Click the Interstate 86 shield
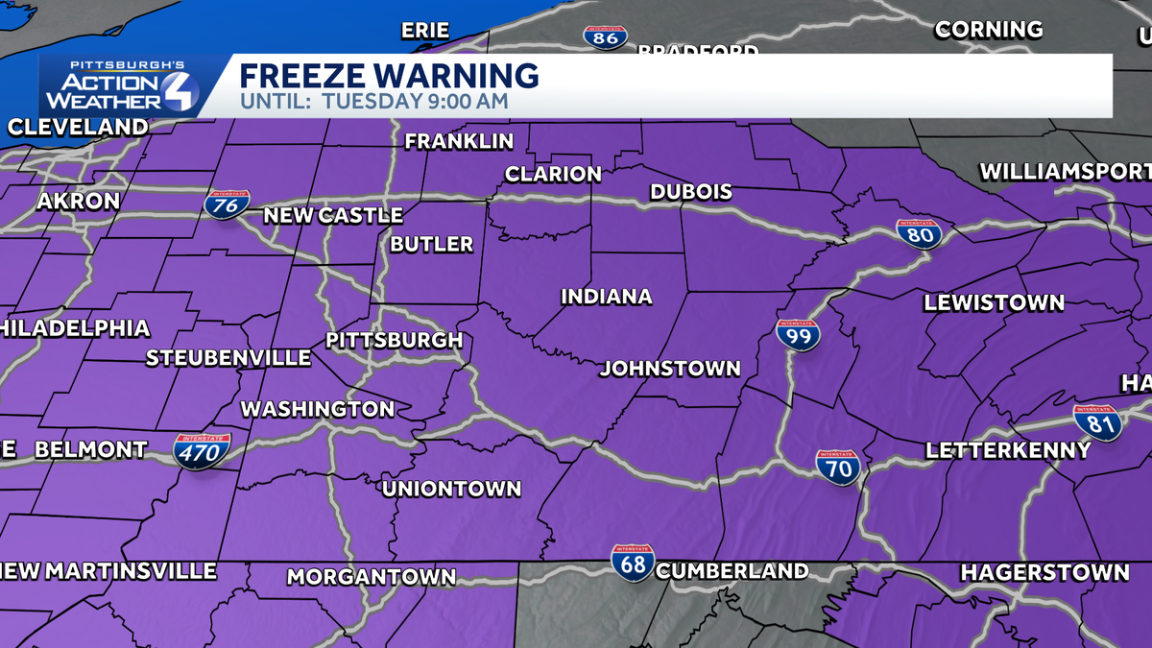(x=605, y=37)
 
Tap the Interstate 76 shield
(x=228, y=204)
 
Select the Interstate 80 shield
(x=919, y=234)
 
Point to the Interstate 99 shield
(x=798, y=334)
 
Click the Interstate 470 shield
(x=202, y=450)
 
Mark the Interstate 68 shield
(x=634, y=562)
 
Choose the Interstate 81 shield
(x=1097, y=422)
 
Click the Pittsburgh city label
(x=395, y=341)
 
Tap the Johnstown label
(x=670, y=369)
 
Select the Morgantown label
(x=372, y=577)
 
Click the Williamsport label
(x=1065, y=172)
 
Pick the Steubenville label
(x=228, y=358)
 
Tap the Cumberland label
(x=732, y=571)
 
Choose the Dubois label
(x=691, y=192)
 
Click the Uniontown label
(x=451, y=489)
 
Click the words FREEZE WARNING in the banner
(x=389, y=75)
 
